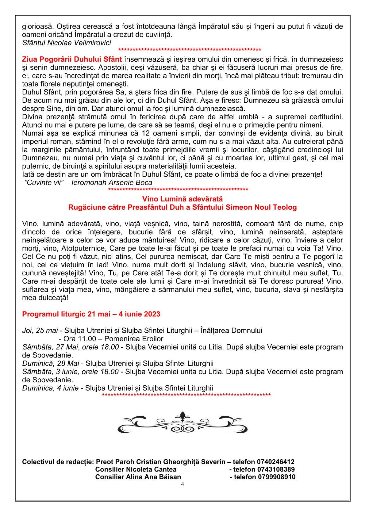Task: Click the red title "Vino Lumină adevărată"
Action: click(182, 199)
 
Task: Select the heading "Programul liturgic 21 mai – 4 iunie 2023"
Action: click(91, 314)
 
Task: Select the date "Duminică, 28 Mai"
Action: click(51, 363)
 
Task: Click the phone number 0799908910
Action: click(274, 477)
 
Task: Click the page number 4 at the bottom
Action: click(182, 484)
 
